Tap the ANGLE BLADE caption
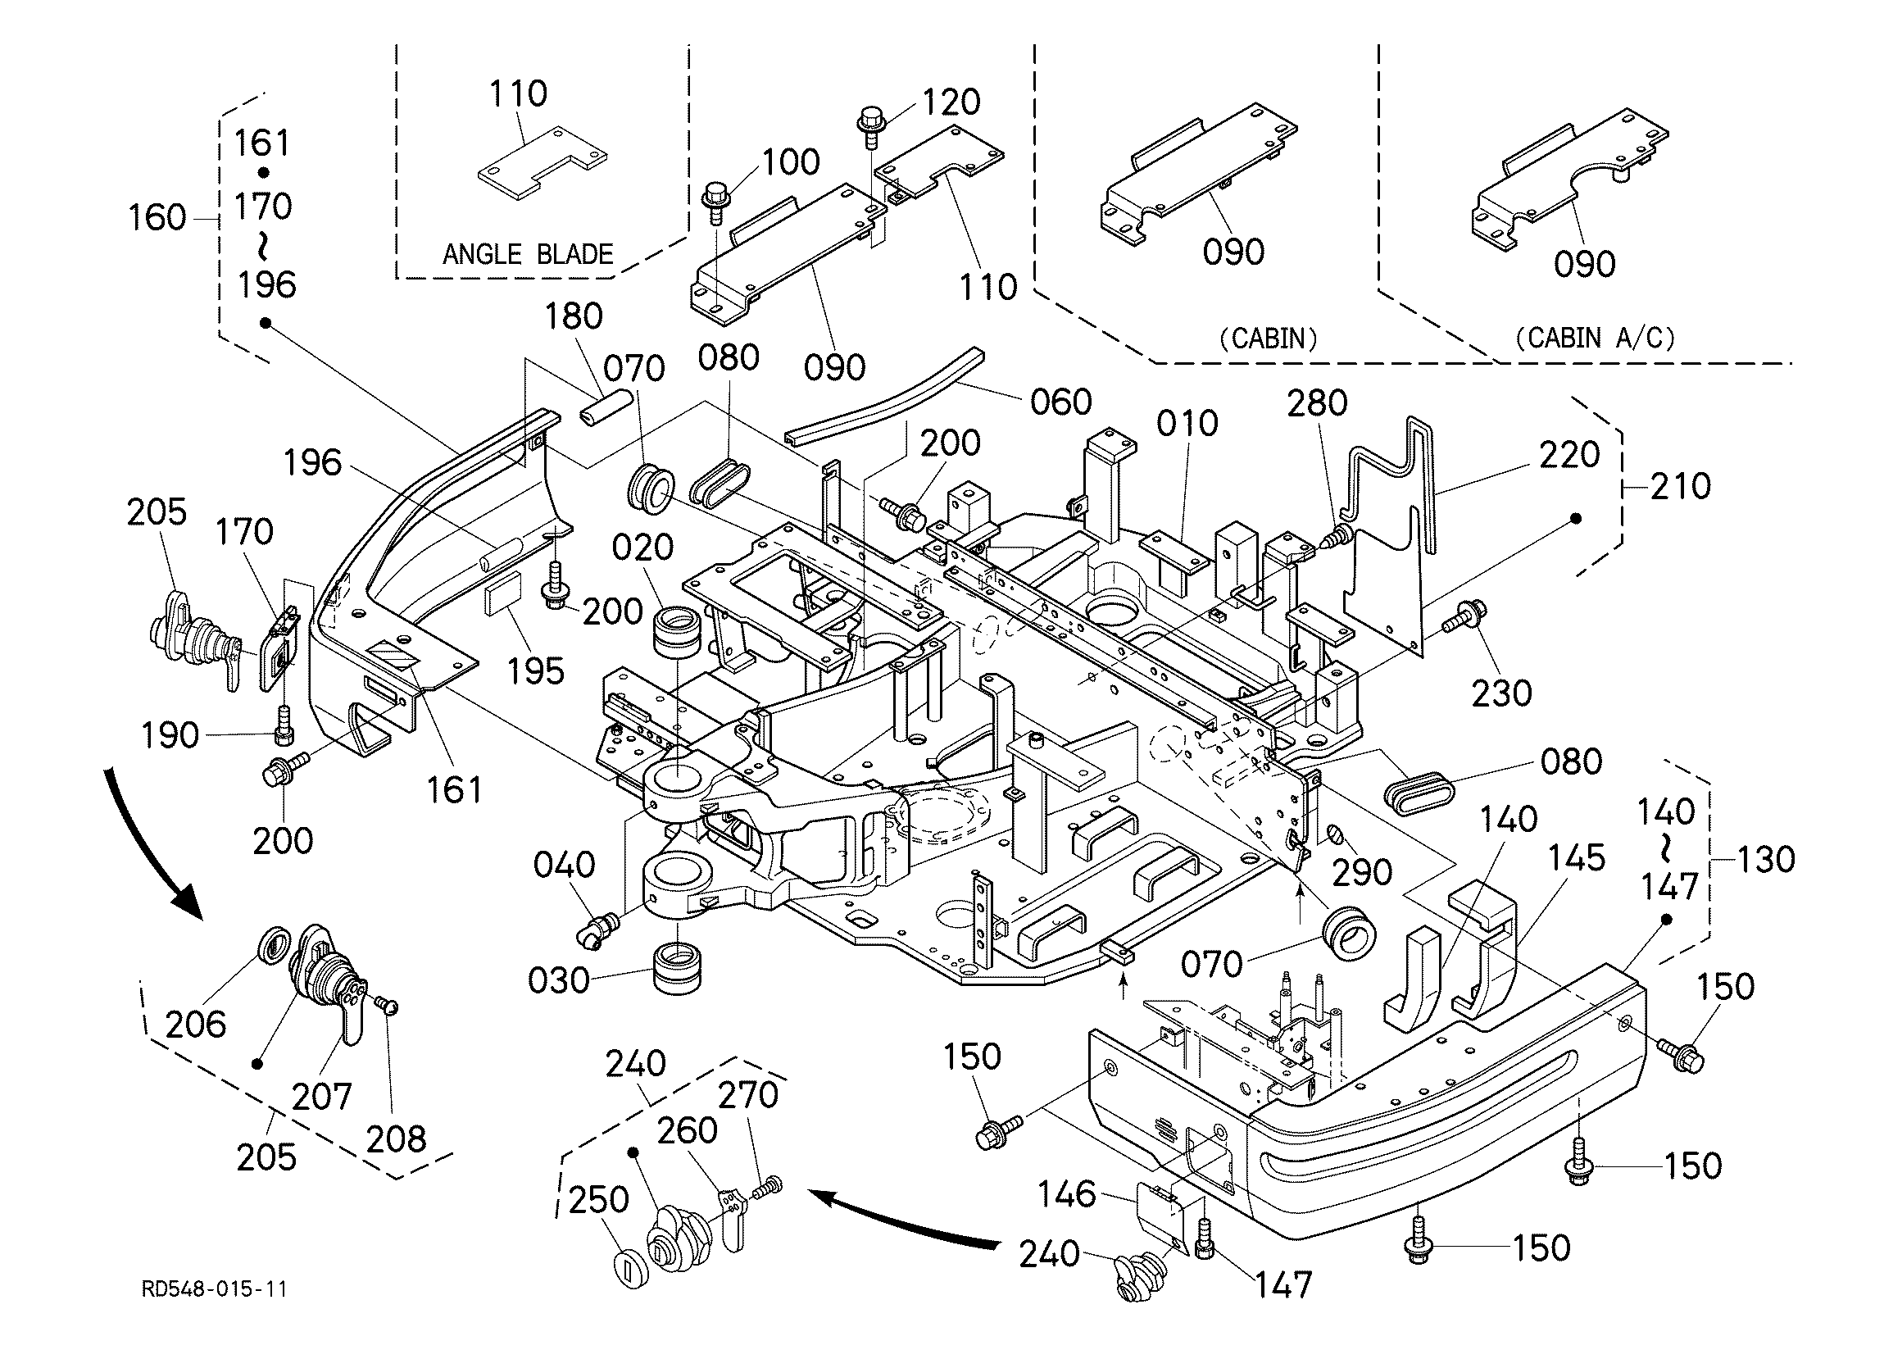(x=528, y=253)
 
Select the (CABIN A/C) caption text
(x=1595, y=338)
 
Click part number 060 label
(x=1060, y=402)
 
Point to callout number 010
(x=1187, y=424)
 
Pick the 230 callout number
(x=1502, y=694)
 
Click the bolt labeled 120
(x=870, y=125)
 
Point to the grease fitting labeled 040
(x=597, y=929)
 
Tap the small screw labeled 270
(x=768, y=1187)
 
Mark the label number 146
(x=1067, y=1195)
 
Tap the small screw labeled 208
(x=387, y=1007)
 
